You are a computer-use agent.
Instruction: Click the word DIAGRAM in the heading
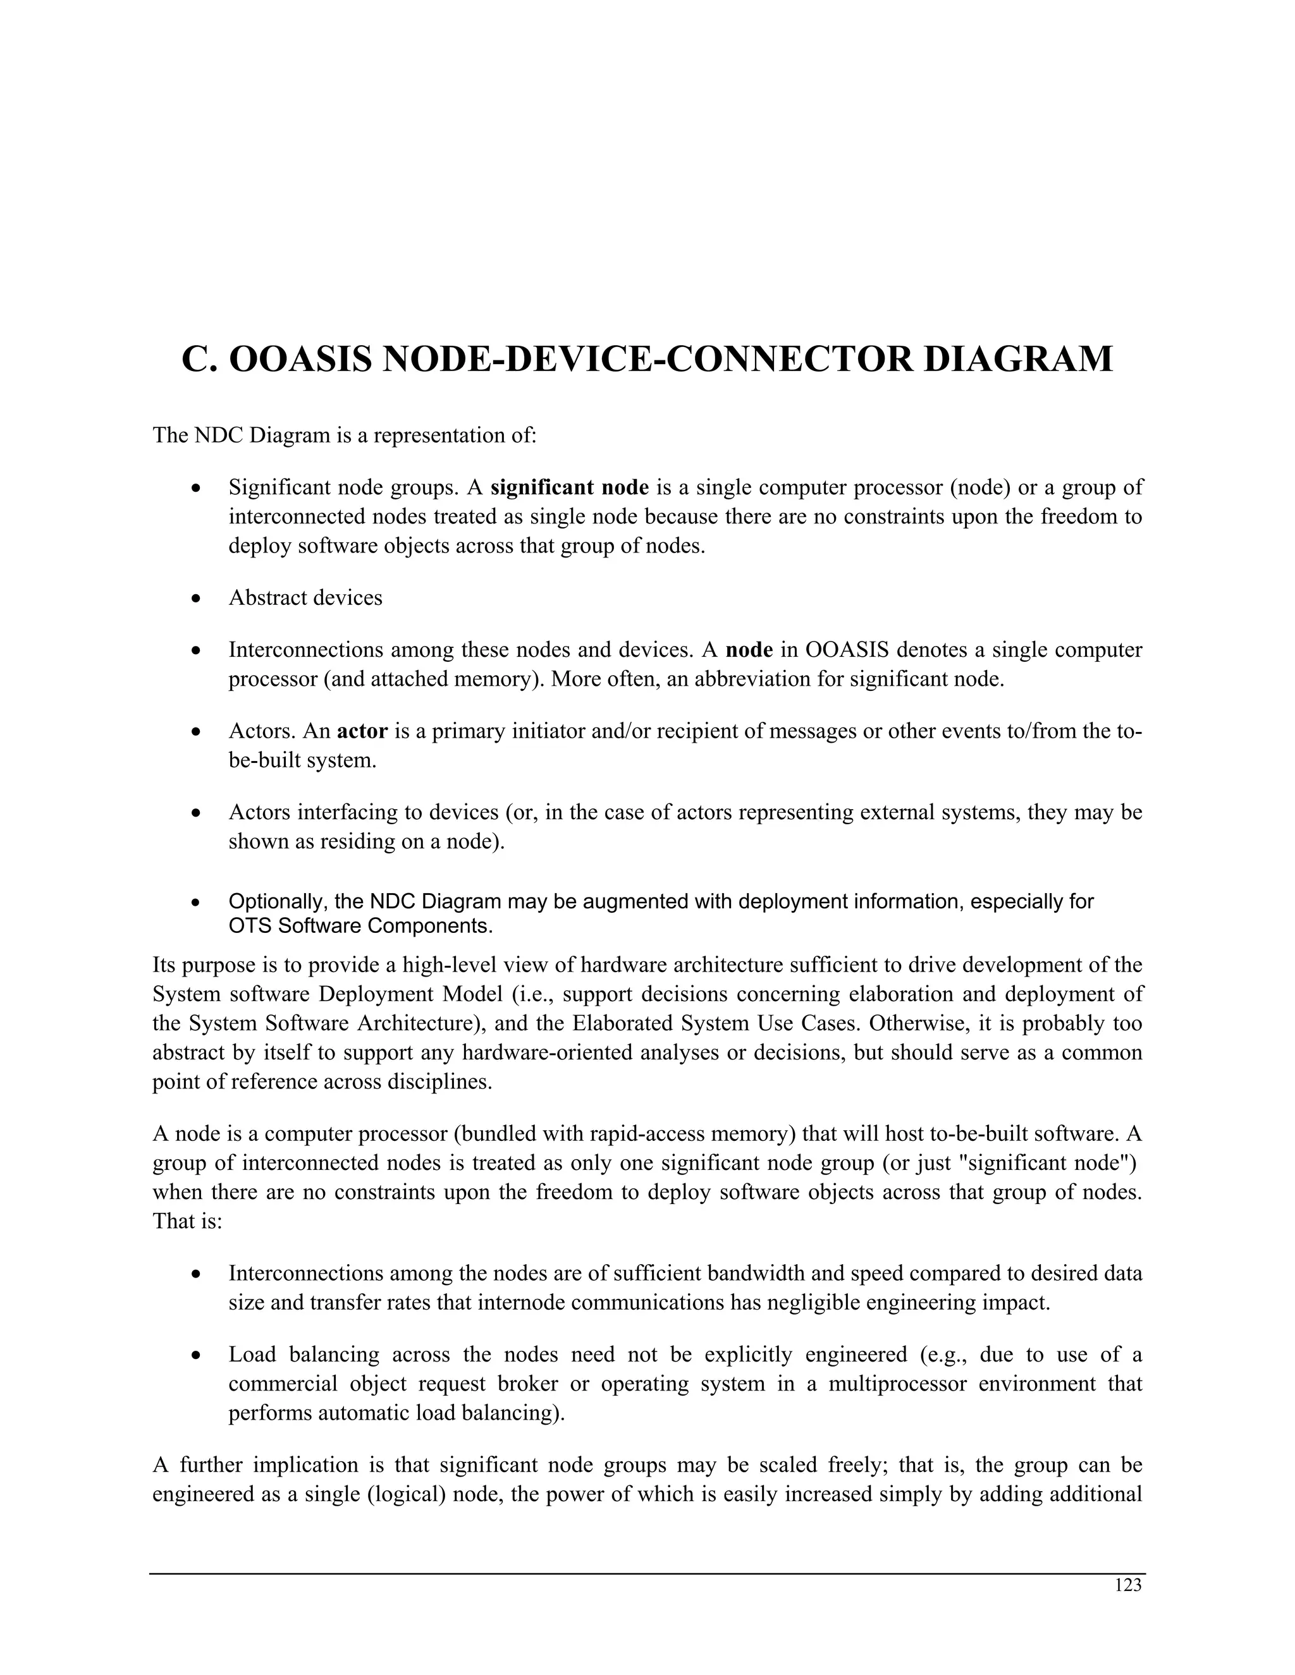point(1017,360)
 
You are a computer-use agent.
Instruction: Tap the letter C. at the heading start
point(200,360)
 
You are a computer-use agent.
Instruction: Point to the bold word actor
point(362,732)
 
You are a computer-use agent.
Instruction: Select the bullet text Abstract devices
point(305,598)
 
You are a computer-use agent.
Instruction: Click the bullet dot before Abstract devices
point(197,598)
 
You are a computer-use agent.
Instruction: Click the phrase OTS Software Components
point(360,927)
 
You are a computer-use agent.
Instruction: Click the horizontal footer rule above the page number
point(647,1574)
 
